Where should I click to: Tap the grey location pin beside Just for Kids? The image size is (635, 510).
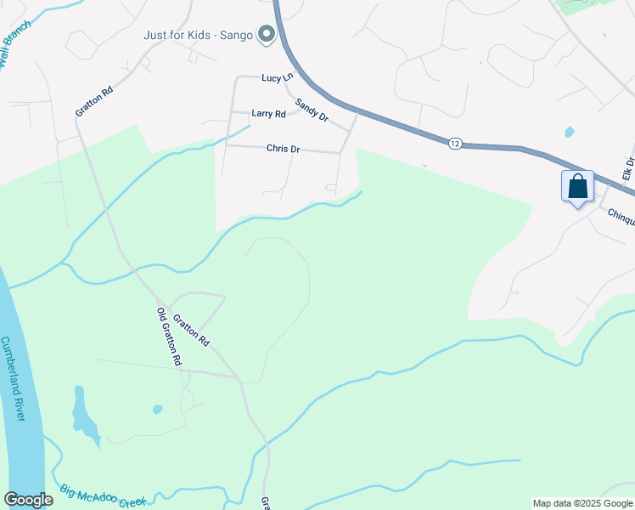pos(267,35)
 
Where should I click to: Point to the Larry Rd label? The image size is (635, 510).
pos(268,113)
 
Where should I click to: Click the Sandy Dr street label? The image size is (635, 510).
pos(312,110)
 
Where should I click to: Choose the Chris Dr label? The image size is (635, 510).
pos(284,149)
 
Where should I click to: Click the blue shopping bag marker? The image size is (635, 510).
pos(577,186)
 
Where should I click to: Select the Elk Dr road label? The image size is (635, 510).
pos(628,173)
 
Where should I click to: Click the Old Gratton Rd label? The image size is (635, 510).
pos(170,337)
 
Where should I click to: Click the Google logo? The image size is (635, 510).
pos(28,500)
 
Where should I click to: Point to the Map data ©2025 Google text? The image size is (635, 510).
pos(582,503)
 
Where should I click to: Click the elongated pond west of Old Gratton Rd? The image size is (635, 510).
pos(84,416)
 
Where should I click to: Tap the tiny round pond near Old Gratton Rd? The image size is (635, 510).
pos(157,410)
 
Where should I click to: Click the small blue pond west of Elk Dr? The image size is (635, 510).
pos(569,132)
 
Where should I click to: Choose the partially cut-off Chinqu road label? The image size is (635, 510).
pos(621,217)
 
